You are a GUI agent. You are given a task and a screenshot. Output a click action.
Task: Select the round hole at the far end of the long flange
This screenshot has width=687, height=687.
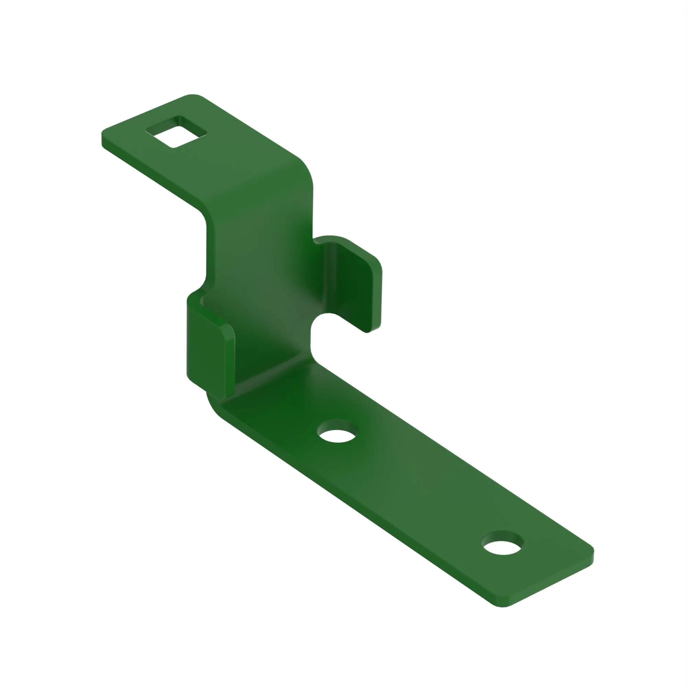[502, 543]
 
